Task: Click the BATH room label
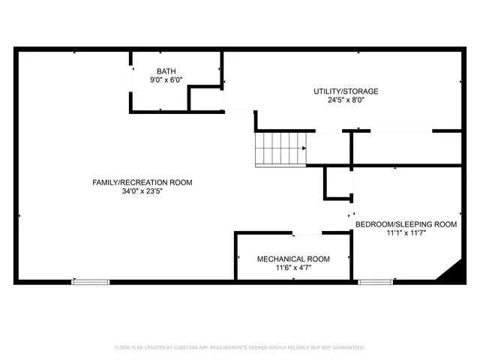point(166,71)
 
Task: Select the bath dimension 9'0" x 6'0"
point(166,79)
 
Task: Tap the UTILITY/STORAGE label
point(346,91)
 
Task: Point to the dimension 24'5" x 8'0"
point(346,100)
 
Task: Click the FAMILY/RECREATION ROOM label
point(142,182)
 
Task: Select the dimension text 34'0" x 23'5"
point(142,191)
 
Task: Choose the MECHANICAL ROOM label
point(293,259)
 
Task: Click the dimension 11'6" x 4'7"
point(293,267)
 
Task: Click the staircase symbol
point(280,148)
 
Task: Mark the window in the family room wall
point(90,282)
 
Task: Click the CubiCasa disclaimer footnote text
point(239,347)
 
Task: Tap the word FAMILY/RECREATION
point(130,182)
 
